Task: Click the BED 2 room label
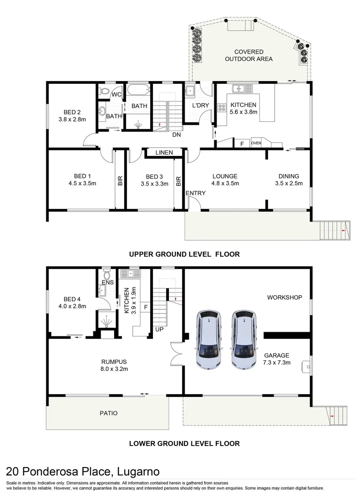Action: pos(72,112)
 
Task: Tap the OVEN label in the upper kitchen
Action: pos(256,143)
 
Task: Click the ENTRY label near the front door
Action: pos(196,193)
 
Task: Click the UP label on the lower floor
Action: pos(159,330)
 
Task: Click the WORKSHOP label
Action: pos(284,297)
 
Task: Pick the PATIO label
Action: pos(109,413)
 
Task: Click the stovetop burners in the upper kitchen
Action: pos(223,108)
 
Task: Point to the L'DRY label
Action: pos(200,105)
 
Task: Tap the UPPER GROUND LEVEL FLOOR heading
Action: pos(184,254)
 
